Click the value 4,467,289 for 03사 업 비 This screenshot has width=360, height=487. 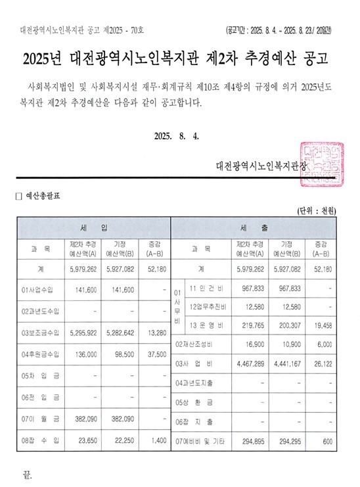click(x=250, y=363)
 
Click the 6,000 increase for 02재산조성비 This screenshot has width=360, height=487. click(x=325, y=344)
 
